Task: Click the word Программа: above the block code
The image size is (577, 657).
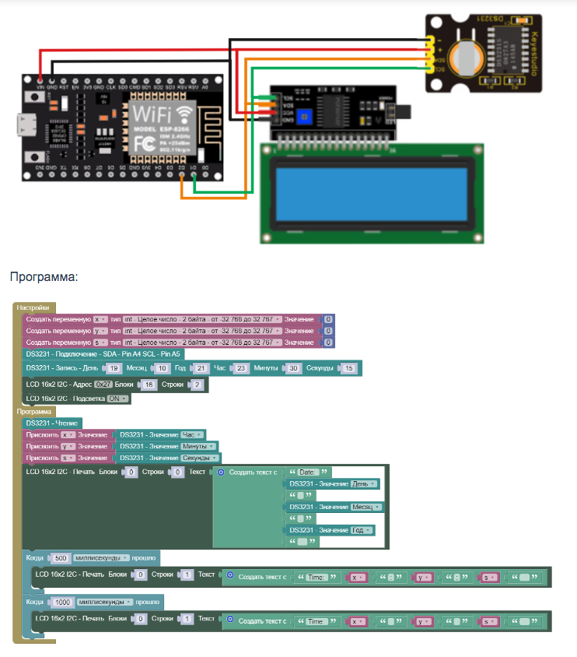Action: pos(44,276)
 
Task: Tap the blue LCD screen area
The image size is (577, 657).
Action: pos(368,191)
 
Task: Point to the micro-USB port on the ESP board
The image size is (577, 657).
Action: pos(30,123)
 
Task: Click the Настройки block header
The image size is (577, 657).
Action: pos(33,308)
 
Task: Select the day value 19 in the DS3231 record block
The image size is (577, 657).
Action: pos(114,368)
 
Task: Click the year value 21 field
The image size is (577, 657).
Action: pos(200,368)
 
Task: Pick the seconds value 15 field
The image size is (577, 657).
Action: pos(349,368)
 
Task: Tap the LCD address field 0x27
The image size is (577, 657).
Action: pos(103,385)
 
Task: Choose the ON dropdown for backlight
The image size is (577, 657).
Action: pos(117,399)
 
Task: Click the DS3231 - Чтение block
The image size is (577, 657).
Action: pos(53,423)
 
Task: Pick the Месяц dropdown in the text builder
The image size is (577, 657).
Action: pos(366,507)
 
